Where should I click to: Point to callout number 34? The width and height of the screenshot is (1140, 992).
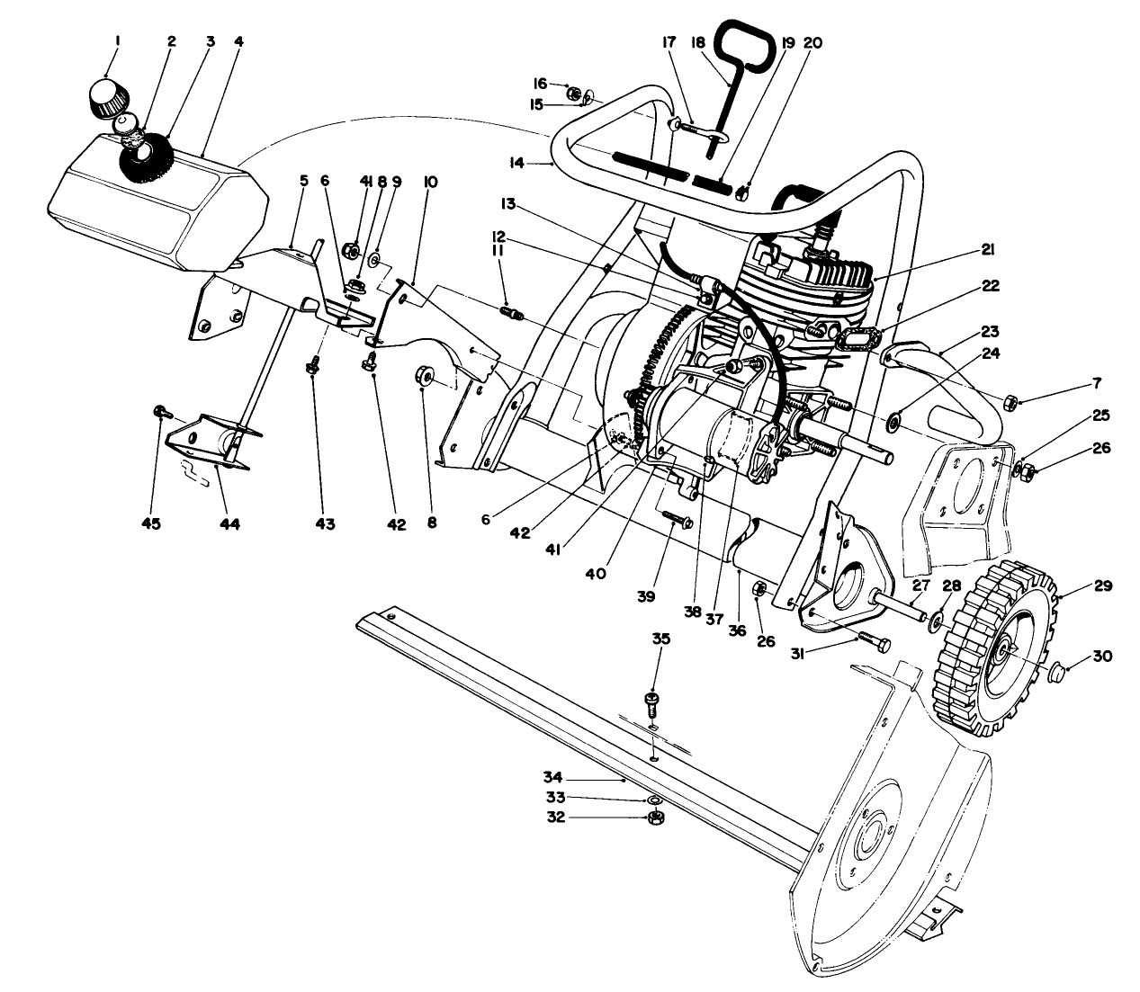552,775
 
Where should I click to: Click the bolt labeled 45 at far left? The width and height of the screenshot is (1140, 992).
159,412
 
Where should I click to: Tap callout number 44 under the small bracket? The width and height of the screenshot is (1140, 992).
230,523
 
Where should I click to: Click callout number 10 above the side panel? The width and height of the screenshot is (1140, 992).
430,182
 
